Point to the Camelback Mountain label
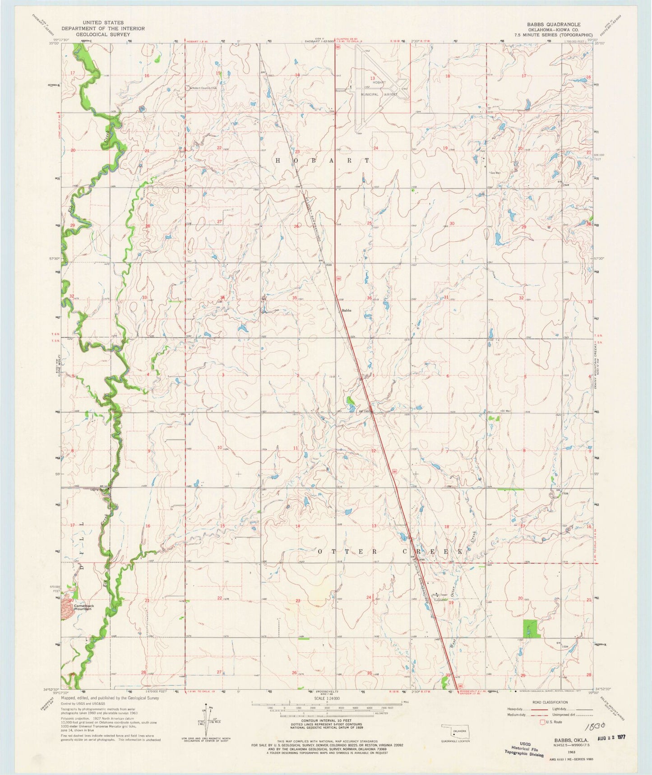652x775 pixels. pos(82,607)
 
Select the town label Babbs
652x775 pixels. pos(346,310)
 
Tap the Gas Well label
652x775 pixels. pos(496,172)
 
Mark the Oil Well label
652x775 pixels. pos(506,411)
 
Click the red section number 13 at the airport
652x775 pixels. pos(373,78)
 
